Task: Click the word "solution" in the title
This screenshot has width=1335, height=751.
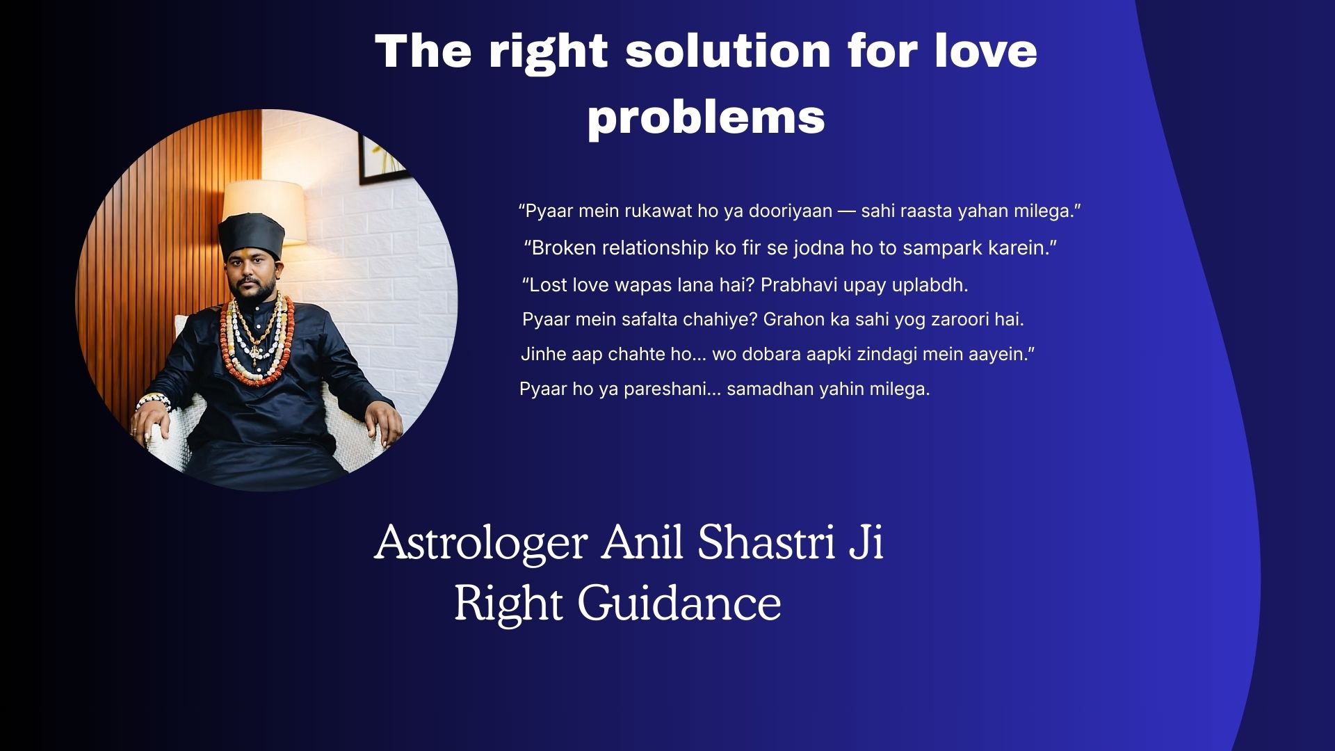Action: coord(728,51)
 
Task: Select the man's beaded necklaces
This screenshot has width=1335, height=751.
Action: coord(252,337)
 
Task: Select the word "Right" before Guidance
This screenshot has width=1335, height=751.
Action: coord(508,604)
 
